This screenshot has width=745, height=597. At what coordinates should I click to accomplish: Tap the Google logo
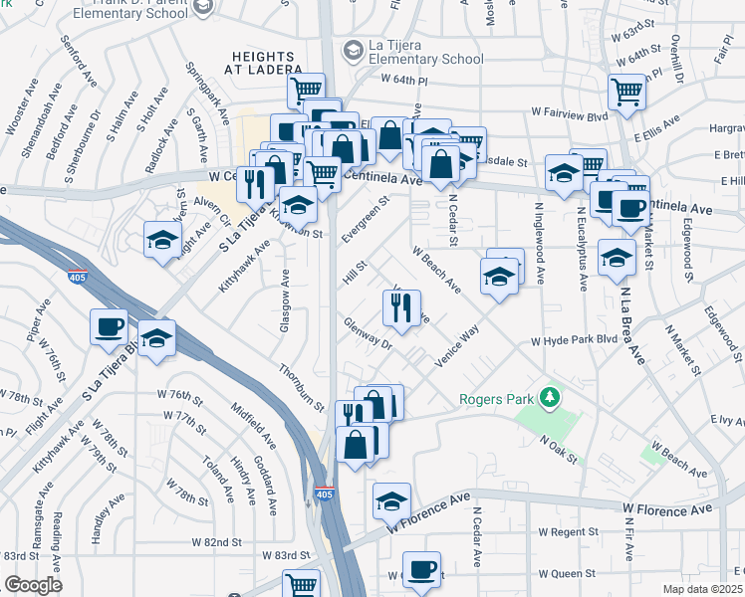tap(33, 585)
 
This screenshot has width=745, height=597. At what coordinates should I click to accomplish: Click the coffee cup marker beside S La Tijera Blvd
tap(110, 328)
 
